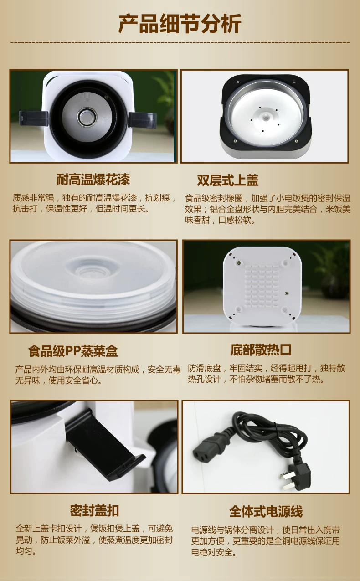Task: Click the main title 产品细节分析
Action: (x=180, y=24)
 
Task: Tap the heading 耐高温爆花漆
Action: (x=93, y=180)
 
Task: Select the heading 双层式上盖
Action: (x=228, y=180)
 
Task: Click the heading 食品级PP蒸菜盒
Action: (x=73, y=351)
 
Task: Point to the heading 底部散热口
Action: (x=261, y=350)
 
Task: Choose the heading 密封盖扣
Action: (x=94, y=511)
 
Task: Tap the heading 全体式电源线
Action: (x=266, y=511)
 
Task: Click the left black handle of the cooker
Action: (x=33, y=118)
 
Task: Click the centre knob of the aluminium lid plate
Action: (x=265, y=117)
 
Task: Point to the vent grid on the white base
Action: (x=262, y=286)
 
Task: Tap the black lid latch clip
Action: (x=104, y=445)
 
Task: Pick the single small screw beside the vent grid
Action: (x=287, y=293)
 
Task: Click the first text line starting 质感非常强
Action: (x=95, y=198)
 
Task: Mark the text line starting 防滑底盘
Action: (x=267, y=368)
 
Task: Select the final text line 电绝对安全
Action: (x=214, y=552)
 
